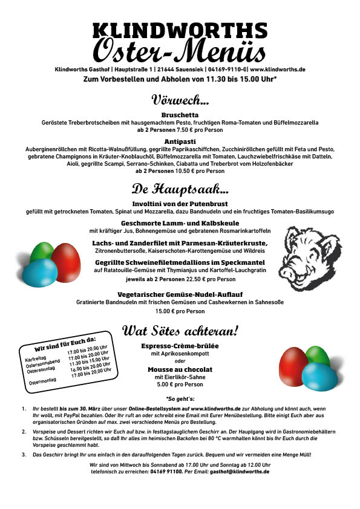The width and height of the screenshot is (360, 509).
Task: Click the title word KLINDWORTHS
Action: coord(180,29)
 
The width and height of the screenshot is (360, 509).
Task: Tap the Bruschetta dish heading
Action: coord(180,114)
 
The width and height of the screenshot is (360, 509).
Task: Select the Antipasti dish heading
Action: coord(180,141)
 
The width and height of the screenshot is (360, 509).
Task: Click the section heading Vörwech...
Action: coord(180,99)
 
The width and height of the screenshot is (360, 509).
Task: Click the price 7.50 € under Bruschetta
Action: coord(167,129)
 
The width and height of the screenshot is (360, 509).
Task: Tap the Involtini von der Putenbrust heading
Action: coord(180,204)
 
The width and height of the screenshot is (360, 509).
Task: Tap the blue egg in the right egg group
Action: coord(319,375)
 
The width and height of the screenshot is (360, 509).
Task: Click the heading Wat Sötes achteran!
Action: coord(180,331)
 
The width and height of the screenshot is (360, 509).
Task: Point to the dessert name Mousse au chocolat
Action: coord(180,369)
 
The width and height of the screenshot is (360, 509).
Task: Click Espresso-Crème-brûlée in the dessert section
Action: coord(180,346)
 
